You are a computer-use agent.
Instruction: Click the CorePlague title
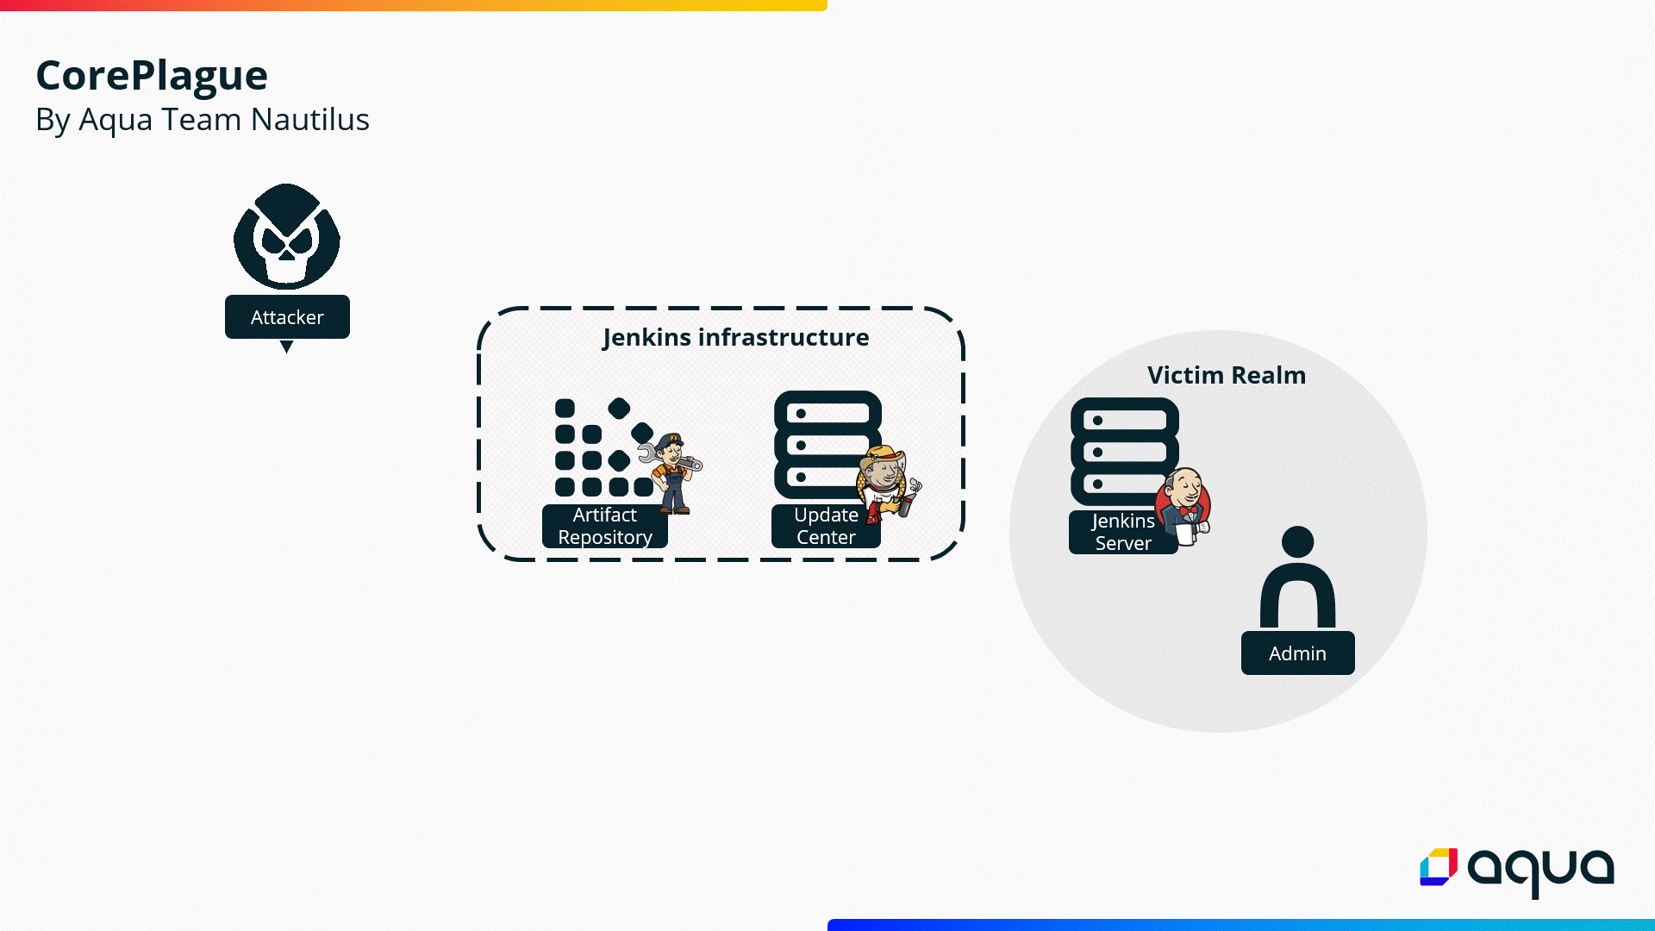click(152, 76)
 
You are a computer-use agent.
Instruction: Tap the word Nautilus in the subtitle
click(309, 120)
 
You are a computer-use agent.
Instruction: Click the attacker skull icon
click(287, 236)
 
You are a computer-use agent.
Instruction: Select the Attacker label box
click(287, 317)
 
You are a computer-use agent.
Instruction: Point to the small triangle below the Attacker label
click(287, 347)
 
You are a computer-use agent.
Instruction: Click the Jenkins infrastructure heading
click(735, 337)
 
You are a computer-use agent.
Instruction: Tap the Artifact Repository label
click(604, 526)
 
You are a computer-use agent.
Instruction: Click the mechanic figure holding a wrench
click(672, 472)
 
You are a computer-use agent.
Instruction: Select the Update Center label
click(826, 526)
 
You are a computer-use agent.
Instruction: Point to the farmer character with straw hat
click(887, 483)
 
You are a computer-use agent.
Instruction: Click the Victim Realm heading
click(1226, 375)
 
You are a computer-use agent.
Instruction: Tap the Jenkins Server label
click(1122, 532)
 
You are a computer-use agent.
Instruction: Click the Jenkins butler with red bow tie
click(1185, 506)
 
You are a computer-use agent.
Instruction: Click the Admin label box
click(1297, 653)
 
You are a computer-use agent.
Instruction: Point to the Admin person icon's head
click(1297, 542)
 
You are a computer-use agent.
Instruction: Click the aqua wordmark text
click(1540, 869)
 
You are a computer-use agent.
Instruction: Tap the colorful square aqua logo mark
click(1439, 867)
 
